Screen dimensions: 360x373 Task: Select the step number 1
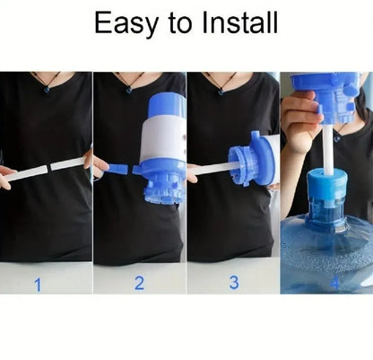point(38,285)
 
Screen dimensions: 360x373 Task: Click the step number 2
point(139,284)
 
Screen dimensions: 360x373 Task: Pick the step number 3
point(234,282)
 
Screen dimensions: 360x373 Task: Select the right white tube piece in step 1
point(67,162)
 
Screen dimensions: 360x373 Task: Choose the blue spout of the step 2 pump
point(117,169)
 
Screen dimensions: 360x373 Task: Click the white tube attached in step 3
point(213,167)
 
